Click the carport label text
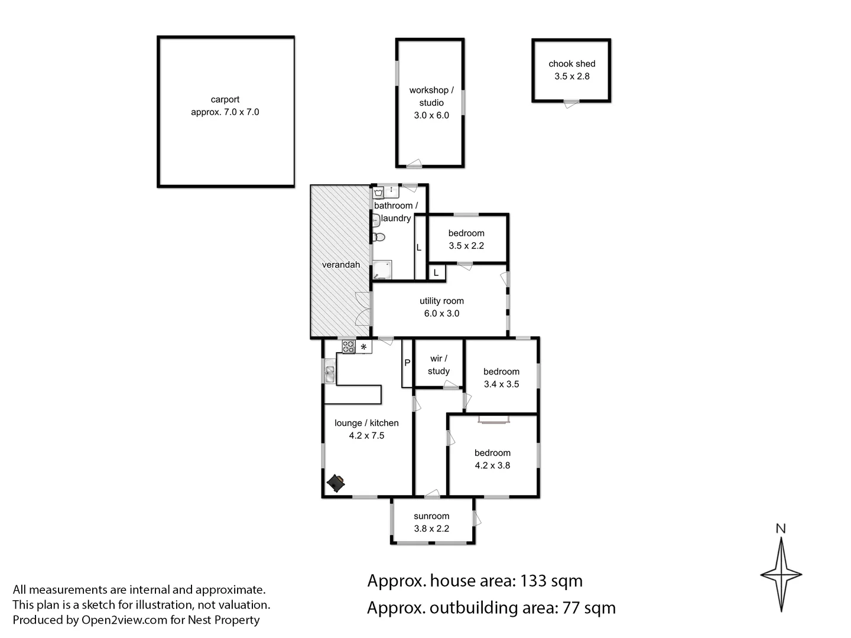tap(225, 100)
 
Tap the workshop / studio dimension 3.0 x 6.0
tap(431, 116)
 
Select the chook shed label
tap(571, 64)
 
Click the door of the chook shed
tap(571, 103)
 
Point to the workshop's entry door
tap(414, 164)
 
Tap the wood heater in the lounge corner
tap(337, 483)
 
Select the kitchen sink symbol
tap(329, 373)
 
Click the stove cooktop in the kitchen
tap(349, 347)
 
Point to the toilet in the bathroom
tap(378, 237)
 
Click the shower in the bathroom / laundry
tap(382, 270)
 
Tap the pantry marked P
tap(407, 363)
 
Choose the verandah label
tap(341, 265)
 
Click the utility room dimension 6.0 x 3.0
tap(441, 314)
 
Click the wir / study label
tap(439, 365)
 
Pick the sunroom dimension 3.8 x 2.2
tap(431, 529)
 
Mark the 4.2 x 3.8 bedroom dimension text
tap(492, 466)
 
